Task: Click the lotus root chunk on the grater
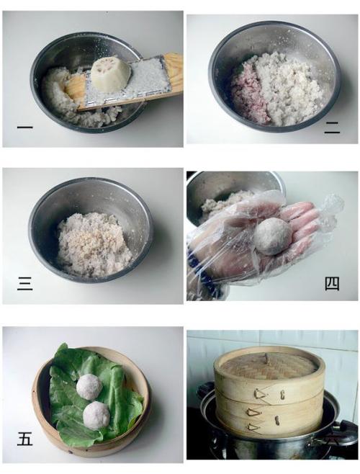pyautogui.click(x=111, y=75)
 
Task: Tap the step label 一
pyautogui.click(x=24, y=128)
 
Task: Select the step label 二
pyautogui.click(x=332, y=129)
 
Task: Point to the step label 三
pyautogui.click(x=24, y=284)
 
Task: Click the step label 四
pyautogui.click(x=332, y=284)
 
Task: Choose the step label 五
pyautogui.click(x=24, y=439)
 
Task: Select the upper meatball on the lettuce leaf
pyautogui.click(x=89, y=387)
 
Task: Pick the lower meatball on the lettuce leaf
pyautogui.click(x=96, y=416)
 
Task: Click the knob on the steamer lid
pyautogui.click(x=267, y=358)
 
